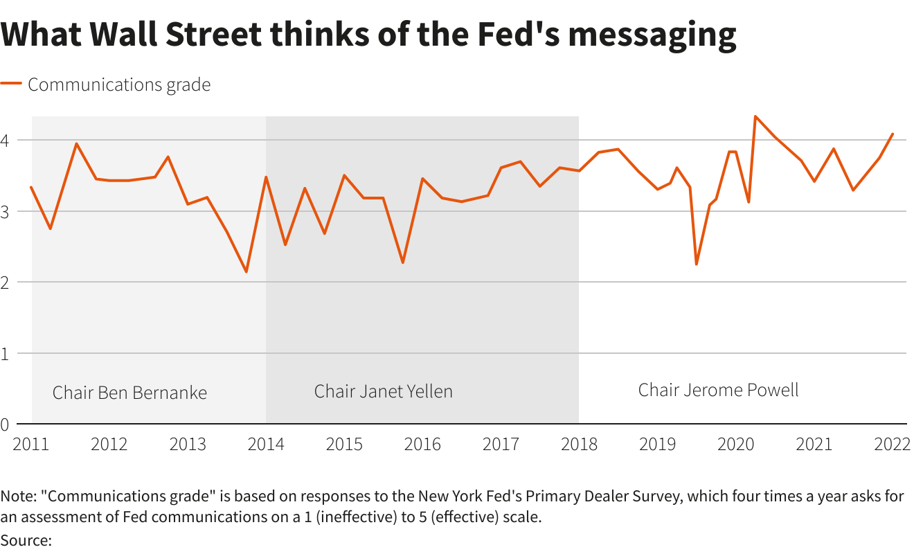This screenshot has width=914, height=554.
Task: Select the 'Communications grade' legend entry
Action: (118, 84)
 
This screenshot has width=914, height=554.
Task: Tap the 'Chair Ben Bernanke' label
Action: (129, 393)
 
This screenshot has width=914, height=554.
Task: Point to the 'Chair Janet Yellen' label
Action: (383, 391)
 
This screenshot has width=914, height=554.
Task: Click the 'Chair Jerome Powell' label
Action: (718, 390)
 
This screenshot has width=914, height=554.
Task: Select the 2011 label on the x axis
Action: (31, 444)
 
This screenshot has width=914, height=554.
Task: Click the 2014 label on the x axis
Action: (266, 444)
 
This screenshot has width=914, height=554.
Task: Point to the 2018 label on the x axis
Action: (579, 444)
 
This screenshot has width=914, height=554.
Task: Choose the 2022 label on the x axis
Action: (892, 444)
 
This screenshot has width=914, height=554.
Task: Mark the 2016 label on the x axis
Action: (422, 444)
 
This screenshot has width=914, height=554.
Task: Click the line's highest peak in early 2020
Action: (755, 116)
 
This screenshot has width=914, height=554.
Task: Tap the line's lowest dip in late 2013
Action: (246, 271)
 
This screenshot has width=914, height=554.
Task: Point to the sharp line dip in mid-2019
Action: (696, 264)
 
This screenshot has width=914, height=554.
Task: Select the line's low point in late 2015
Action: (402, 262)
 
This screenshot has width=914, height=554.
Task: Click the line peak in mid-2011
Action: (76, 143)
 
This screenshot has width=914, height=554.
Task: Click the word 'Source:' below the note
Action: (26, 540)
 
